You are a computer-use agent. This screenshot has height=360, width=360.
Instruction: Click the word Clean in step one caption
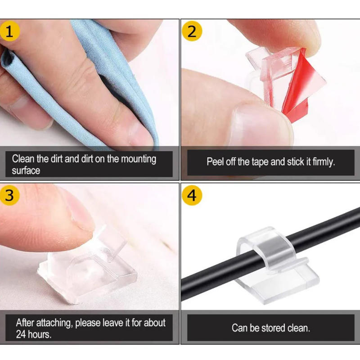[23, 159]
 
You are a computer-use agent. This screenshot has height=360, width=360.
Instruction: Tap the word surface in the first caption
[26, 171]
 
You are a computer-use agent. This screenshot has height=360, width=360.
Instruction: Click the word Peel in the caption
[215, 162]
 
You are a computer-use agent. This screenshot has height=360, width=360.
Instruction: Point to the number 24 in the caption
[21, 334]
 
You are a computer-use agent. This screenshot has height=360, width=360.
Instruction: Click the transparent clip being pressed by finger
[85, 270]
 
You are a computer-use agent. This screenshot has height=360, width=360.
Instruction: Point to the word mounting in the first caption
[135, 159]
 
